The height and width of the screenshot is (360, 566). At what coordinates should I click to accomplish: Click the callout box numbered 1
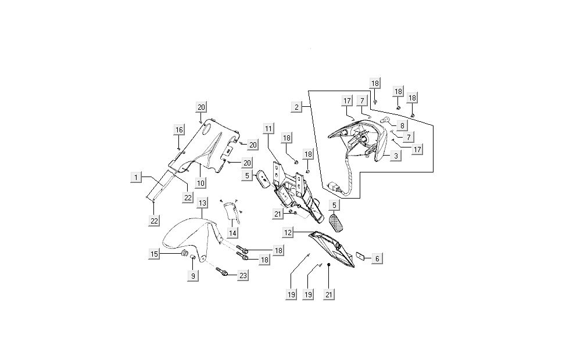135,177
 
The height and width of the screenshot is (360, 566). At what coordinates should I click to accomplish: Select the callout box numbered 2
297,107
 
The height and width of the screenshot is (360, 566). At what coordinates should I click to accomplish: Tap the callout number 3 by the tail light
395,156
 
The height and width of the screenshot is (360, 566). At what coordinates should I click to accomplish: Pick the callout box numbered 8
403,125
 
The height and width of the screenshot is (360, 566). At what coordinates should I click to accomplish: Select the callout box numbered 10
200,183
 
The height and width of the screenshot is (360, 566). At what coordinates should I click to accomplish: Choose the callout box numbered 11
268,128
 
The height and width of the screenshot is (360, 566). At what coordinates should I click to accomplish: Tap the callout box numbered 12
288,232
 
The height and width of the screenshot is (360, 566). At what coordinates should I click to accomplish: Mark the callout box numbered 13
202,203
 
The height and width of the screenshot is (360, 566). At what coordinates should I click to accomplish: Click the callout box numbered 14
233,232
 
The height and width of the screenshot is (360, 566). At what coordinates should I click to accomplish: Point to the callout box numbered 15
154,254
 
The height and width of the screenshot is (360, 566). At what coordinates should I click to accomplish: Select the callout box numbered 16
178,129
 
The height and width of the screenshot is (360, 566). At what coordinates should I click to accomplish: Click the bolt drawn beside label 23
223,271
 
